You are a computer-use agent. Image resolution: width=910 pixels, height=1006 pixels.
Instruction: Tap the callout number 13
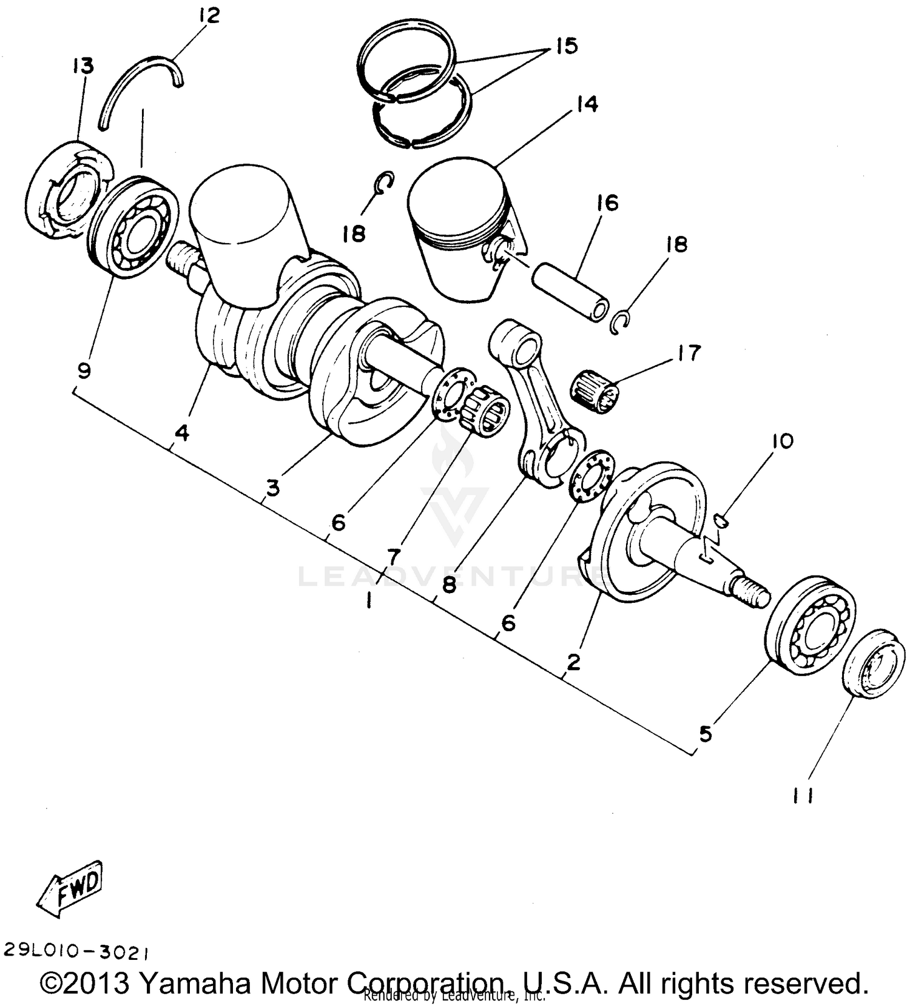click(83, 65)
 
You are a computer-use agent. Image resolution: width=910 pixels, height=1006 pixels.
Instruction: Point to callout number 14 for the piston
click(587, 104)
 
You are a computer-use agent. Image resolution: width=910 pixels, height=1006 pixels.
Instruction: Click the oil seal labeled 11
click(874, 663)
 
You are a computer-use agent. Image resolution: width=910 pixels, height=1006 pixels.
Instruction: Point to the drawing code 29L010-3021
click(76, 952)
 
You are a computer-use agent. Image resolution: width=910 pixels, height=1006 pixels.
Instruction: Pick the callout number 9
click(84, 370)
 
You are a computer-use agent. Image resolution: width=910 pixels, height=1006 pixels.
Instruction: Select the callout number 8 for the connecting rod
click(450, 585)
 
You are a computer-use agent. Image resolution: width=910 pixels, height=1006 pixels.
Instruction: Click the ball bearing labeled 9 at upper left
click(134, 226)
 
